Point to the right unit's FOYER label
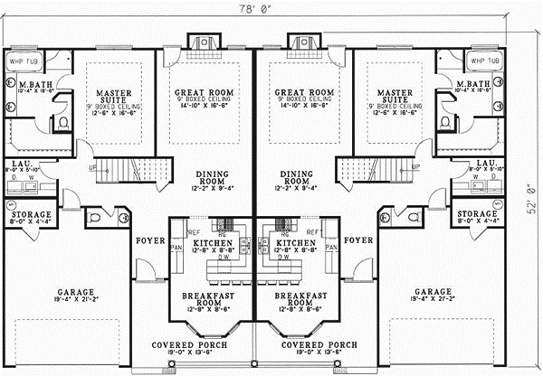point(359,240)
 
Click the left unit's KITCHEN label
point(214,244)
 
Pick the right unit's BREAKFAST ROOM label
point(295,301)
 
